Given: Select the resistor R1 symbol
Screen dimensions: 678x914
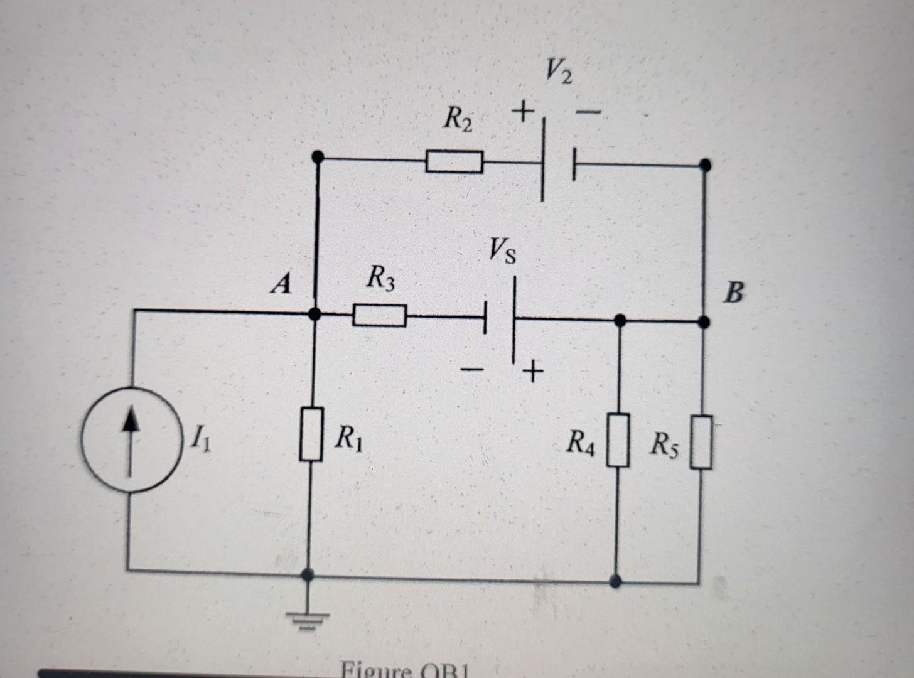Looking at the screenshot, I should [310, 434].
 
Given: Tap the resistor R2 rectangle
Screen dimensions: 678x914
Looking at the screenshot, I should [454, 161].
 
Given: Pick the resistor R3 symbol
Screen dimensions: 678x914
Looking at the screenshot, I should [379, 315].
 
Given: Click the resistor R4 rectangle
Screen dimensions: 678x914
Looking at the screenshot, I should [618, 439].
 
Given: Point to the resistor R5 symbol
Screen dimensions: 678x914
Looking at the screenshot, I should [702, 442].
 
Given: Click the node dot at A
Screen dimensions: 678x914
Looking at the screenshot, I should [316, 313].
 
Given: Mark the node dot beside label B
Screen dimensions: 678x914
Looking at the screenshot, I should [704, 322].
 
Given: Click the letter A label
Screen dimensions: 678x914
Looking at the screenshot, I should [282, 285].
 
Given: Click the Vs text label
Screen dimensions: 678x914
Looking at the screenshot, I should [502, 252].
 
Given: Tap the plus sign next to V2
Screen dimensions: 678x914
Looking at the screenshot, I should [521, 114].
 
